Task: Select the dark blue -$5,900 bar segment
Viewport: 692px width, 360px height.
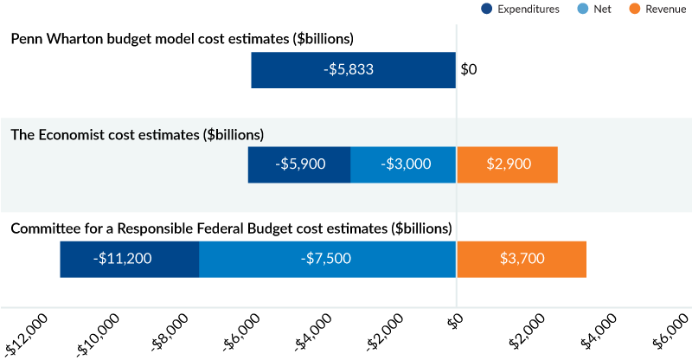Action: coord(299,164)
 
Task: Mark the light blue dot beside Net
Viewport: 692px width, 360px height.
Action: coord(582,9)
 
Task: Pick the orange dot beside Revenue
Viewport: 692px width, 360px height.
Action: coord(635,9)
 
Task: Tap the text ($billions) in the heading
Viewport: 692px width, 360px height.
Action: coord(234,135)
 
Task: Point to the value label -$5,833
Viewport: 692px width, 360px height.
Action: coord(350,70)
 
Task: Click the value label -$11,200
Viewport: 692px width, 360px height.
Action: coord(123,259)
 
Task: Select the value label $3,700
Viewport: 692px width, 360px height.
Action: coord(522,259)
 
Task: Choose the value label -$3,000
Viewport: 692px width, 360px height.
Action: coord(406,164)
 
